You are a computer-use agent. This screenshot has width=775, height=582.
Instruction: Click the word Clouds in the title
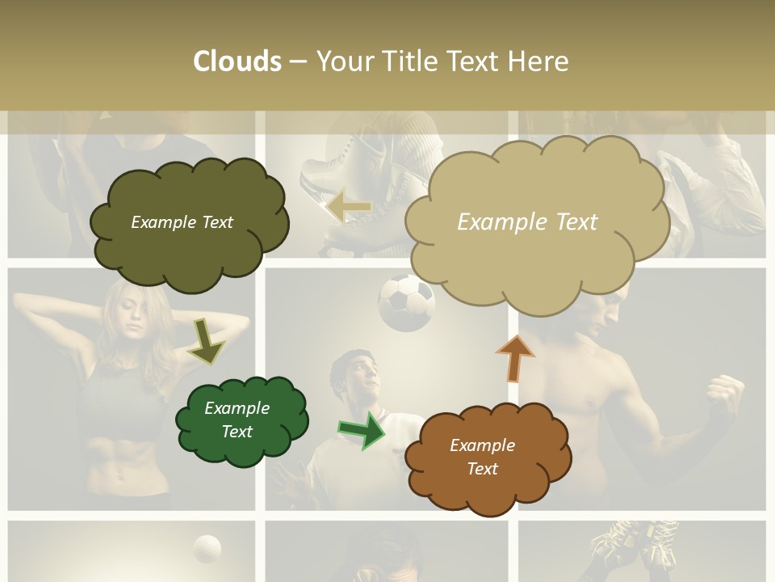pos(237,61)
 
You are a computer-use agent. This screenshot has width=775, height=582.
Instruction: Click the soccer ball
pos(406,302)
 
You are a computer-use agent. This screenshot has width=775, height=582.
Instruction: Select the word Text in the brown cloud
pos(482,469)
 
